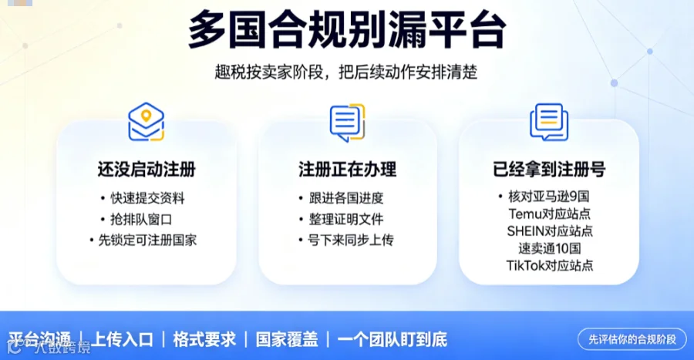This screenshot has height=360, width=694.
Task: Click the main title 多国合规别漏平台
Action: [347, 29]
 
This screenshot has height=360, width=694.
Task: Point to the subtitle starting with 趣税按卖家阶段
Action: [346, 72]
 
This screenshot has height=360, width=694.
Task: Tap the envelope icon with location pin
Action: [146, 122]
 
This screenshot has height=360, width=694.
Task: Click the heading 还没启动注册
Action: [147, 170]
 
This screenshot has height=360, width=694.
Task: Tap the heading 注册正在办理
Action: [348, 170]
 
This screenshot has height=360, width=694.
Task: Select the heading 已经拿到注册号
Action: [549, 170]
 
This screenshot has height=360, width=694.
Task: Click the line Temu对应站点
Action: [549, 214]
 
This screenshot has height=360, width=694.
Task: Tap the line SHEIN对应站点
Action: [550, 230]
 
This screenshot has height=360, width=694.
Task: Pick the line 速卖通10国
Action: [549, 248]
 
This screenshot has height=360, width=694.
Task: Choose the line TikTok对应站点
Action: [550, 265]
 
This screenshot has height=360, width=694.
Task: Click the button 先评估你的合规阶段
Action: [632, 339]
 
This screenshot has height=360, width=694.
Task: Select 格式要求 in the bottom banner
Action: [204, 339]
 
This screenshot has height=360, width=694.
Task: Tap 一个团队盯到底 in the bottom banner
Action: [392, 339]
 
